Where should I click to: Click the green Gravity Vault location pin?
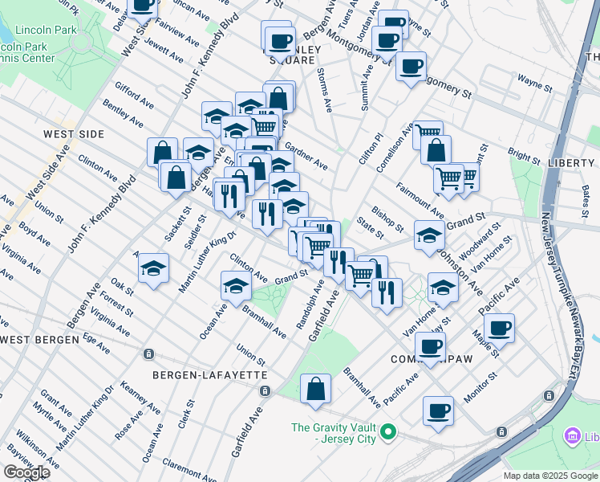[x=389, y=433]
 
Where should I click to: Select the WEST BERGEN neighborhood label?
[x=40, y=340]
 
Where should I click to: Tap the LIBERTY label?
[x=573, y=162]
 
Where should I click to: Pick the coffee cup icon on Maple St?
[x=499, y=328]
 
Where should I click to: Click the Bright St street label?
[x=524, y=153]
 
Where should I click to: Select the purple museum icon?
[x=573, y=437]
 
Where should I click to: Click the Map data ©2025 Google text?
[x=551, y=476]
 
